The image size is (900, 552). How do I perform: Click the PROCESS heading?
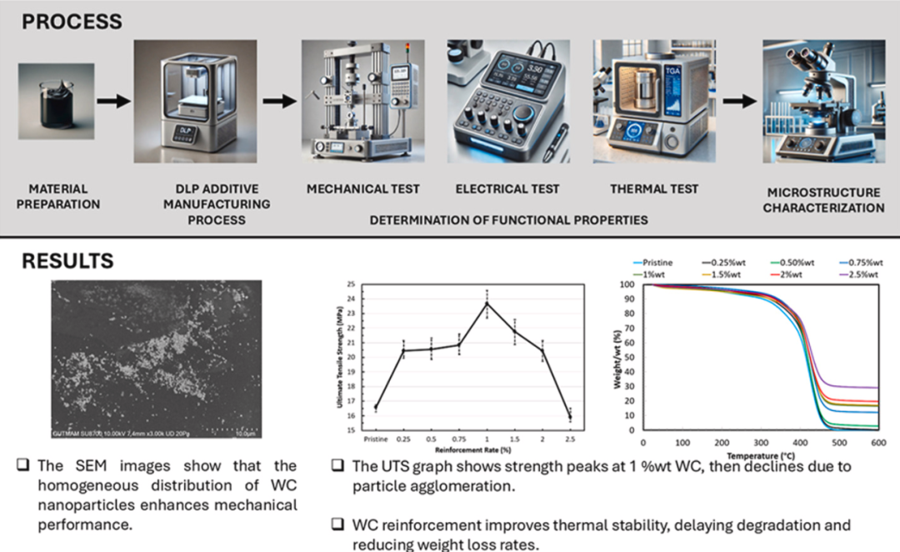tap(72, 21)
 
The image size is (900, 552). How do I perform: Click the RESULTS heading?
tap(67, 260)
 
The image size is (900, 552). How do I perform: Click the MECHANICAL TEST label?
tap(362, 189)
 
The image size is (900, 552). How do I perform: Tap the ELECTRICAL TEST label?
tap(507, 189)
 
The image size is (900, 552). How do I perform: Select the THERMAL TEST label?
tap(654, 189)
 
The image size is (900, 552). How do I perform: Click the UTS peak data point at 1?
tap(487, 303)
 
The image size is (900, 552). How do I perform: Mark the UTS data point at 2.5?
tap(570, 415)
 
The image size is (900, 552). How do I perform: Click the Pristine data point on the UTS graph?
tap(376, 407)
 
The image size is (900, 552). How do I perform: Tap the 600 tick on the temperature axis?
tap(878, 443)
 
